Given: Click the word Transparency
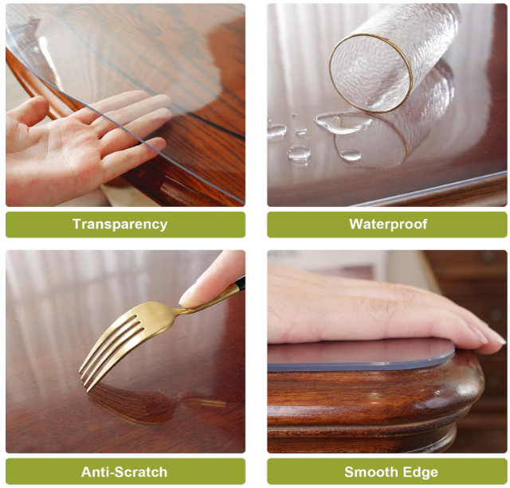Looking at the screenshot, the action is tap(120, 224).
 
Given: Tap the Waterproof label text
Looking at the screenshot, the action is tap(388, 224).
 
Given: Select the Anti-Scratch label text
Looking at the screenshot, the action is tap(124, 472).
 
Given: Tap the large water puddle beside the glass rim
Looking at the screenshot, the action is tap(343, 122).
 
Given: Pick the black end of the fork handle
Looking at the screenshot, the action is tap(240, 282).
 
